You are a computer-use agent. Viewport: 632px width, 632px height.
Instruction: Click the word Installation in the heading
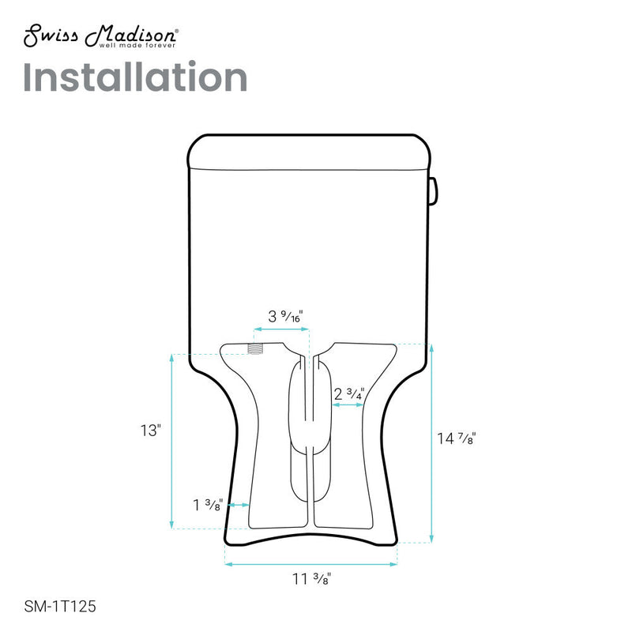coord(135,78)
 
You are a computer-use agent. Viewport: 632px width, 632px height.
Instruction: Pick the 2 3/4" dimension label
coord(348,393)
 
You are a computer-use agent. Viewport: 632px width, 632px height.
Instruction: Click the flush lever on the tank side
coord(433,189)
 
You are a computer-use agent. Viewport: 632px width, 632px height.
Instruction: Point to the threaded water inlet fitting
coord(254,348)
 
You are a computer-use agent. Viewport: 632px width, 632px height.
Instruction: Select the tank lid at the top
coord(310,152)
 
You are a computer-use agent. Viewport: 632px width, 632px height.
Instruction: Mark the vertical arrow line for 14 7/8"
coord(431,442)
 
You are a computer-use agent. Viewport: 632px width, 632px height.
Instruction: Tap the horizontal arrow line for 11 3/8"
coord(310,563)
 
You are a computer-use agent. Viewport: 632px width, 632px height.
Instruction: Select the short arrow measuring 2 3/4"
coord(348,404)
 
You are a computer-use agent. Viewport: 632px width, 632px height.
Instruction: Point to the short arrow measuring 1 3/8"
coord(239,504)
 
